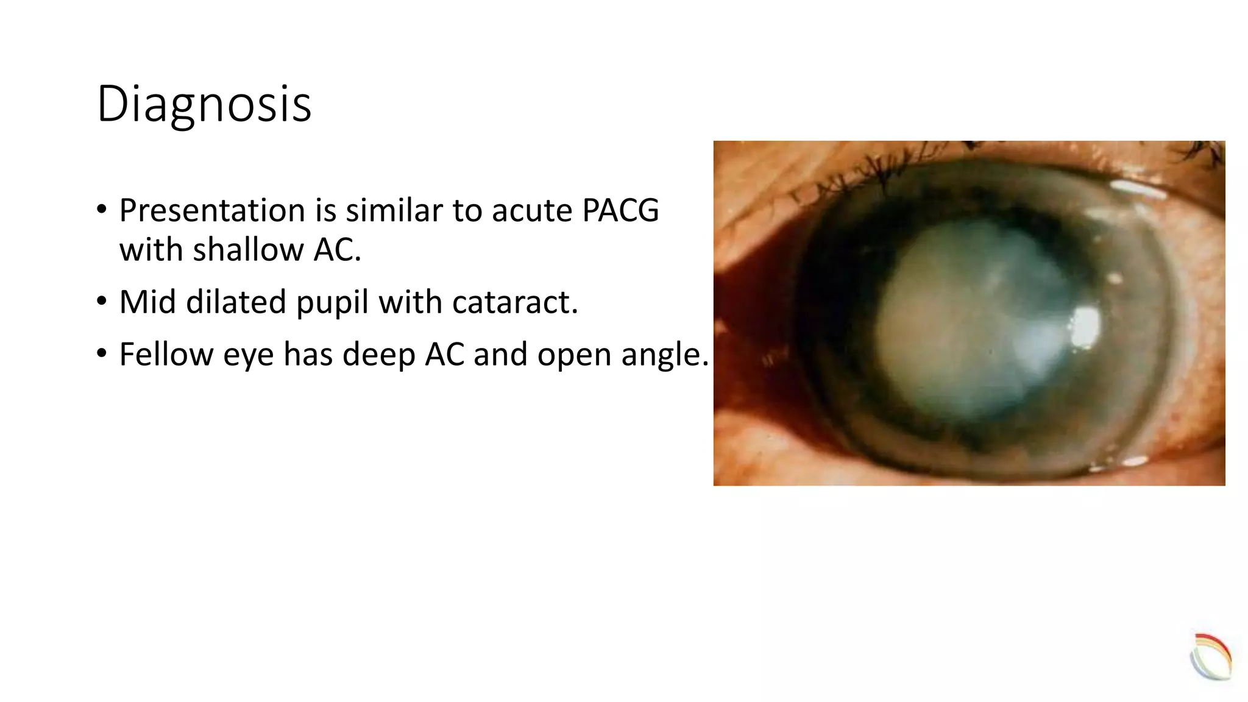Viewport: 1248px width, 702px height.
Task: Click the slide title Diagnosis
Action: (204, 104)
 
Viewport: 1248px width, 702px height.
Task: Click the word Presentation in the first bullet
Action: (211, 210)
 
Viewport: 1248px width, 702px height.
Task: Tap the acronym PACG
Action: (620, 210)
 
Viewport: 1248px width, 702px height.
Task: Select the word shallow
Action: (248, 250)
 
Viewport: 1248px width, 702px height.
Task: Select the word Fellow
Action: (166, 354)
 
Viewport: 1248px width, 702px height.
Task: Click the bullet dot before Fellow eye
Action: (102, 353)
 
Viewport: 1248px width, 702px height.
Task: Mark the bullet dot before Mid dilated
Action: (102, 301)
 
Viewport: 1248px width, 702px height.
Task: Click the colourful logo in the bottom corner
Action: (1211, 657)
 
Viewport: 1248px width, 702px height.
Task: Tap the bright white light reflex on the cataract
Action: (1085, 327)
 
